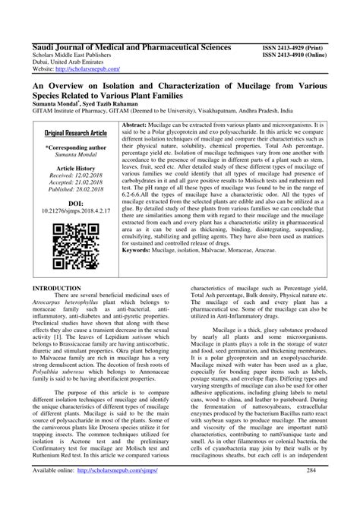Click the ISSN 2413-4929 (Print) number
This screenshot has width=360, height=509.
(296, 46)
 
